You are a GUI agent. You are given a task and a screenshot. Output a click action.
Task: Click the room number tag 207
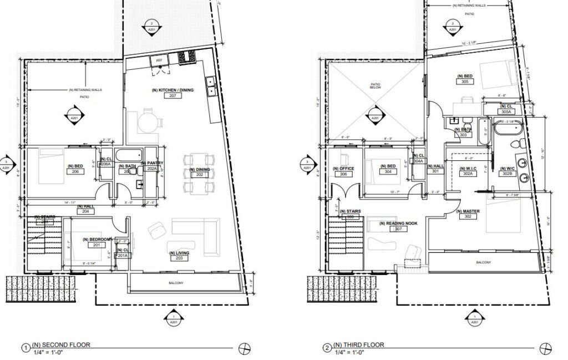click(x=173, y=95)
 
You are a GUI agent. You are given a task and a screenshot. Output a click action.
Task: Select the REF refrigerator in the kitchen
click(x=159, y=60)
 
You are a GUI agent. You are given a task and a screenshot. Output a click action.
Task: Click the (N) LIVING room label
click(x=179, y=253)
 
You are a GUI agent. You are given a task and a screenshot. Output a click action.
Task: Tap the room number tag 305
click(x=465, y=82)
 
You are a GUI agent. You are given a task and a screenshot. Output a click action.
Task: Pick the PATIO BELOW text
click(x=377, y=87)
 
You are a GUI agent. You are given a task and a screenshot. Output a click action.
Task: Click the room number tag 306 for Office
click(x=343, y=175)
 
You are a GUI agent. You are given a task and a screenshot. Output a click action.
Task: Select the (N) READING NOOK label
click(x=397, y=223)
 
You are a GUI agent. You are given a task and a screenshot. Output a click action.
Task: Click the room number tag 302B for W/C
click(x=506, y=174)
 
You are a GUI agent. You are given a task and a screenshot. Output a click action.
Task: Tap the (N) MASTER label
click(x=467, y=211)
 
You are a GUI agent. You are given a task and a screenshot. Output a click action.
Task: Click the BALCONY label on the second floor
click(x=175, y=283)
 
